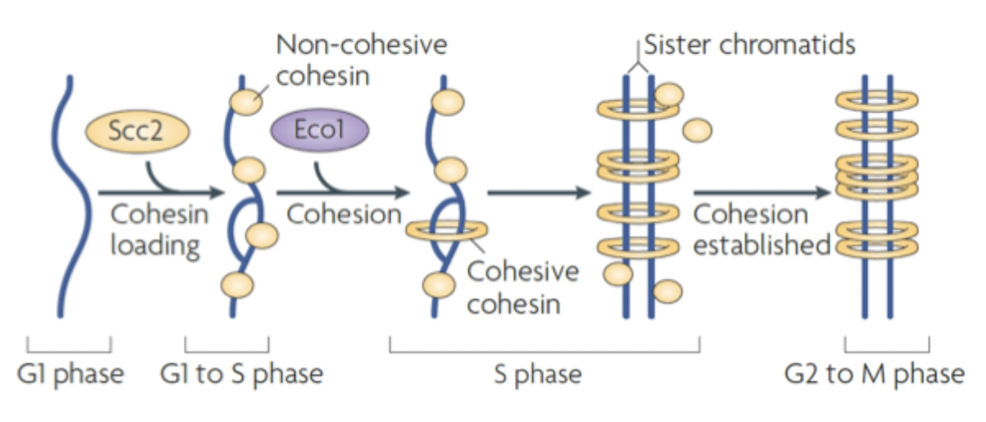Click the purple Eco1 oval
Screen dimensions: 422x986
click(319, 131)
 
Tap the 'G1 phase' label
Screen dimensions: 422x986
click(71, 374)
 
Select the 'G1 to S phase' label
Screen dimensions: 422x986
click(241, 374)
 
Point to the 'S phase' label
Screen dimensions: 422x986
click(537, 374)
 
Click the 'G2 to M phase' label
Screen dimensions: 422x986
click(874, 374)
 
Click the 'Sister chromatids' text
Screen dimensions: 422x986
click(749, 44)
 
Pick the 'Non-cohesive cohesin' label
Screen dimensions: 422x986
click(361, 59)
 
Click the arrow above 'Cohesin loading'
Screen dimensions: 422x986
click(160, 194)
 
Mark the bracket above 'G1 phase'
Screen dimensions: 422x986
click(69, 345)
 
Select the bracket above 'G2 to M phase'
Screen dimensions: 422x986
click(887, 345)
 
